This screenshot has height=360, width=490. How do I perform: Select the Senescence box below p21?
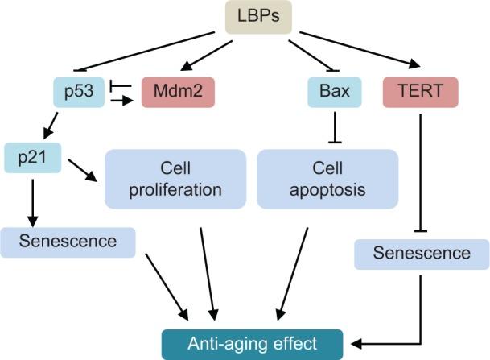[68, 241]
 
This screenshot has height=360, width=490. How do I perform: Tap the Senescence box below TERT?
[423, 254]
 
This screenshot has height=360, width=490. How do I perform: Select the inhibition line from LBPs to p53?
[137, 52]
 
